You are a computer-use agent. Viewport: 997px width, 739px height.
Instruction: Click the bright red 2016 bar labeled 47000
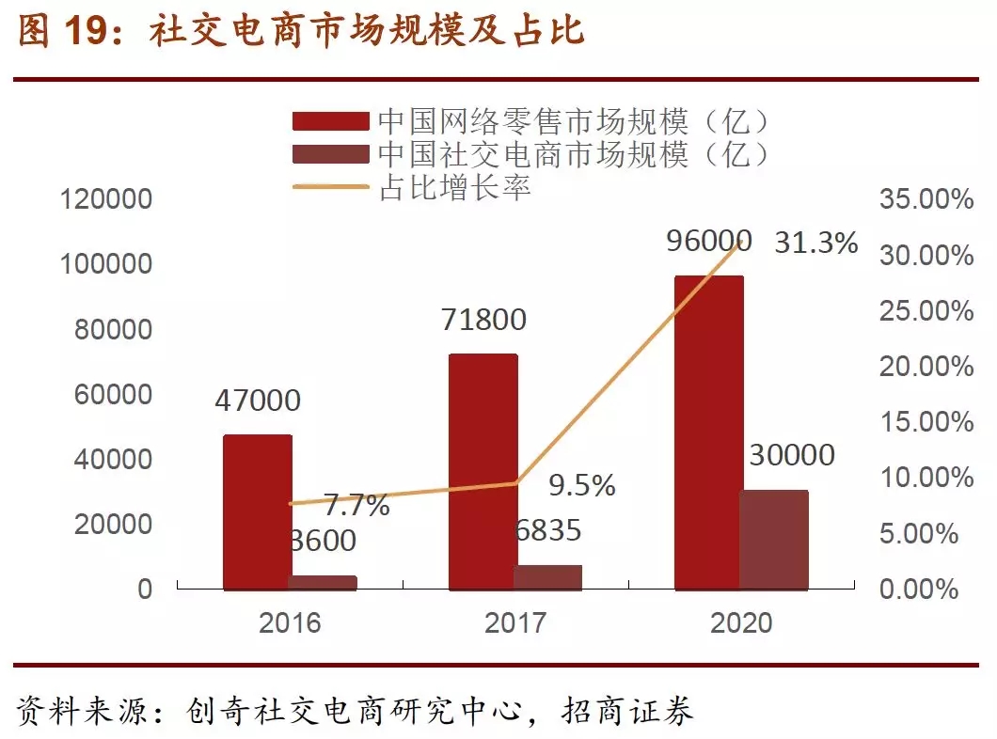click(257, 511)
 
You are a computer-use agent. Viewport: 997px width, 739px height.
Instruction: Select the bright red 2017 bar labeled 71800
click(483, 472)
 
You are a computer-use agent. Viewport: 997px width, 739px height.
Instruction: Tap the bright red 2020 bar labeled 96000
click(708, 432)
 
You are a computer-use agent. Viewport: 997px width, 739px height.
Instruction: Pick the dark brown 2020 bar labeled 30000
click(774, 540)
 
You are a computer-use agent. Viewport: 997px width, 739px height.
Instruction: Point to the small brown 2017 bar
click(548, 577)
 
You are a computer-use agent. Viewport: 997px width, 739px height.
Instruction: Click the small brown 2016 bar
click(323, 582)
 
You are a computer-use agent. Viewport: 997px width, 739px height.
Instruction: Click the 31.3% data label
click(816, 243)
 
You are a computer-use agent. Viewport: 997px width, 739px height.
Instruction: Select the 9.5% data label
click(582, 485)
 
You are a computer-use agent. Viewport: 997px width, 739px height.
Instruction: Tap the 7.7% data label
click(357, 506)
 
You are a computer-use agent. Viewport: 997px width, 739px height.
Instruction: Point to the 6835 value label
click(547, 530)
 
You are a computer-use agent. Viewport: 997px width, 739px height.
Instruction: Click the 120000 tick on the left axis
click(105, 199)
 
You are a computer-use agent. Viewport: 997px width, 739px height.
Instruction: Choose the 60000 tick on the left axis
click(113, 394)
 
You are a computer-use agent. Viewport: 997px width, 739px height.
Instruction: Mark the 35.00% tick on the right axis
click(926, 199)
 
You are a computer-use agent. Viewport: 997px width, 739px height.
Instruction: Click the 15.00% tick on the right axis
click(926, 422)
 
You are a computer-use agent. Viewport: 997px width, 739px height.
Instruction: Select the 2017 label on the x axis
click(514, 622)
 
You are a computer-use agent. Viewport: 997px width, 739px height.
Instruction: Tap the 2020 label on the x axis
click(740, 622)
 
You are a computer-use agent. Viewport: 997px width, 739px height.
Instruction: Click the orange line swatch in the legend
click(330, 187)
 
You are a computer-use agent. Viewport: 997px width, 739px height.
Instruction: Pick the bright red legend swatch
click(330, 121)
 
